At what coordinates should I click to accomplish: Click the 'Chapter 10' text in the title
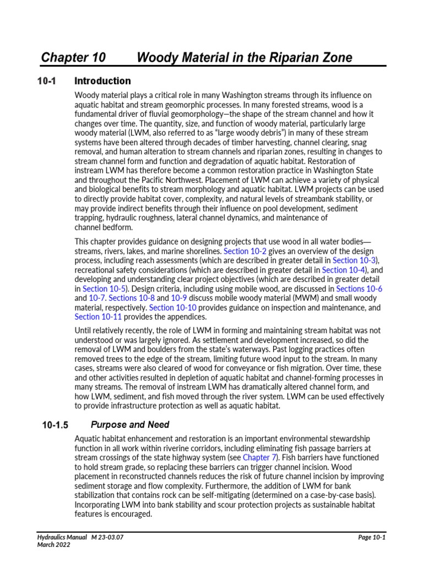point(73,58)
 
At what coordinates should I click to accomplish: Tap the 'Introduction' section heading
point(102,82)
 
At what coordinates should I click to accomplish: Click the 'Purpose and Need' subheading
point(130,425)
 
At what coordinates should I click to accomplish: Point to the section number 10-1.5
point(55,425)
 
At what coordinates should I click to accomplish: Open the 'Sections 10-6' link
point(359,288)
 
